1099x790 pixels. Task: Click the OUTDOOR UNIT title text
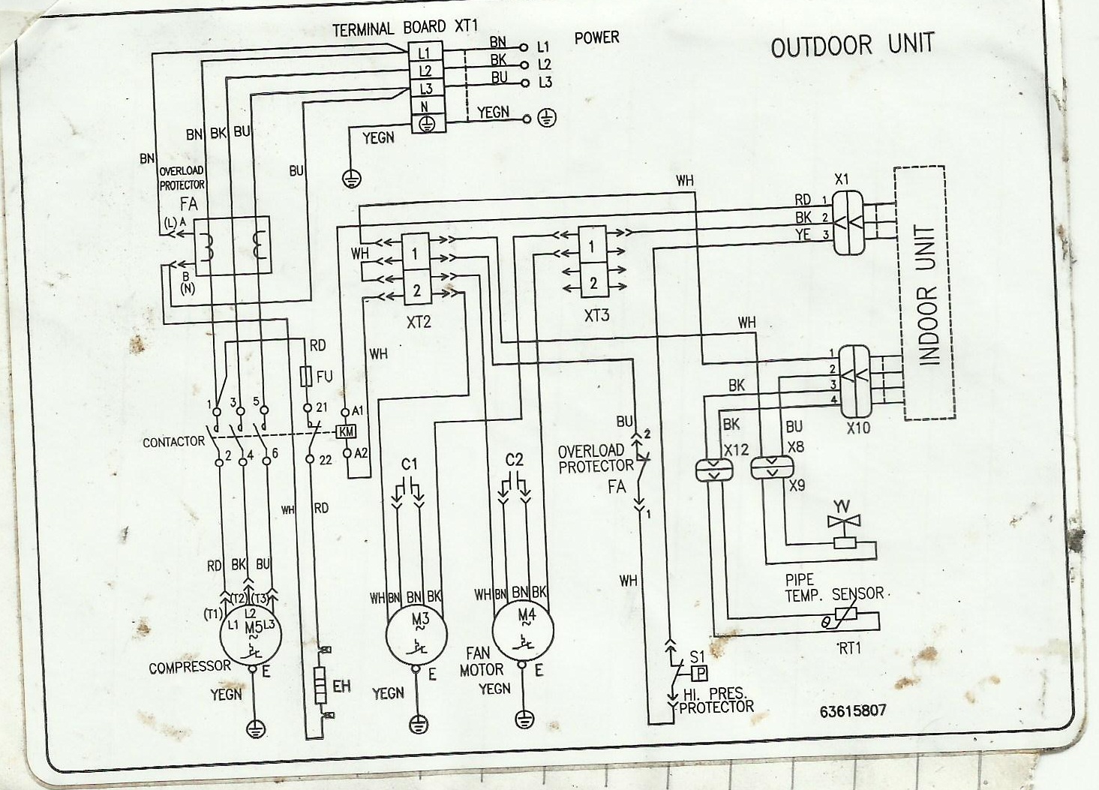click(x=853, y=45)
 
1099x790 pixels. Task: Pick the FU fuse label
click(x=325, y=377)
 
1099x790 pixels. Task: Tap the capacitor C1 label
click(x=410, y=464)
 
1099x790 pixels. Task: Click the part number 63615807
click(x=853, y=710)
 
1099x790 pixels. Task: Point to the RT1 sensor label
click(x=848, y=650)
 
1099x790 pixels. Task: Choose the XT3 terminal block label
click(x=596, y=316)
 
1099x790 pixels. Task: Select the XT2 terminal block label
click(x=417, y=321)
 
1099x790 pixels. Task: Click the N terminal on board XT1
click(x=424, y=107)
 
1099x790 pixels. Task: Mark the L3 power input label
click(x=545, y=83)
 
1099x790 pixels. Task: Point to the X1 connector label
click(x=842, y=180)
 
